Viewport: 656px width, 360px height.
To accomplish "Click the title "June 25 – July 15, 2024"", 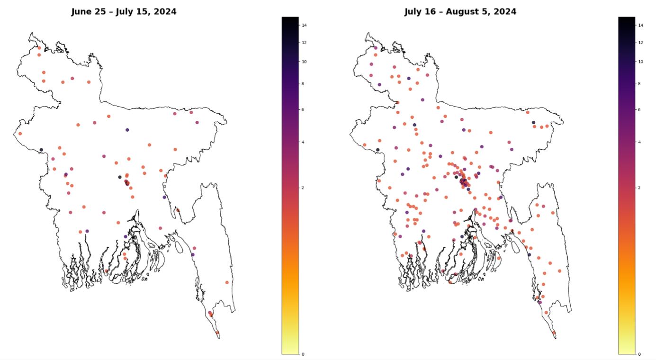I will pos(124,12).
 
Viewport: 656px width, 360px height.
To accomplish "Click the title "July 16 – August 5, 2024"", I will pos(460,12).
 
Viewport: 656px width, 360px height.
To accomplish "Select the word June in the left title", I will pos(81,12).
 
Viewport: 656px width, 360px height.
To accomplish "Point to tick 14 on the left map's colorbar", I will pos(304,25).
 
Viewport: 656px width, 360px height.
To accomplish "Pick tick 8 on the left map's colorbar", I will pos(303,84).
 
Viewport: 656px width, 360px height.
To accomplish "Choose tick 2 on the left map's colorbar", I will pos(303,188).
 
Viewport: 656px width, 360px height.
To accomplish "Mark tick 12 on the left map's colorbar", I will pos(304,43).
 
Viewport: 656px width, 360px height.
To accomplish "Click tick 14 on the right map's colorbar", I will pos(640,25).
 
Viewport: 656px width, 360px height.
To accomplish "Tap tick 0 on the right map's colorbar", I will pos(639,354).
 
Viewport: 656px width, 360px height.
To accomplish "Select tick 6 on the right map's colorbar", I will pos(639,109).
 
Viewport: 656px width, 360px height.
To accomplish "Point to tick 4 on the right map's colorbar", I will pos(639,142).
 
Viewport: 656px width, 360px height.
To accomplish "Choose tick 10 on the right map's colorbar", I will pos(640,62).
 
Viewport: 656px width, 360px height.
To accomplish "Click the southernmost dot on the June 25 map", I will pos(217,333).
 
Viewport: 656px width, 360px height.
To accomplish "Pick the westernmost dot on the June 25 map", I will pos(20,134).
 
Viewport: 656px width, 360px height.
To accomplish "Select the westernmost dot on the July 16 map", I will pos(365,145).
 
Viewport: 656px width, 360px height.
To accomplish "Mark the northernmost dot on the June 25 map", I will pos(39,48).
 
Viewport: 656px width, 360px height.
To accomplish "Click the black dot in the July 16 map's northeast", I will pos(533,122).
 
